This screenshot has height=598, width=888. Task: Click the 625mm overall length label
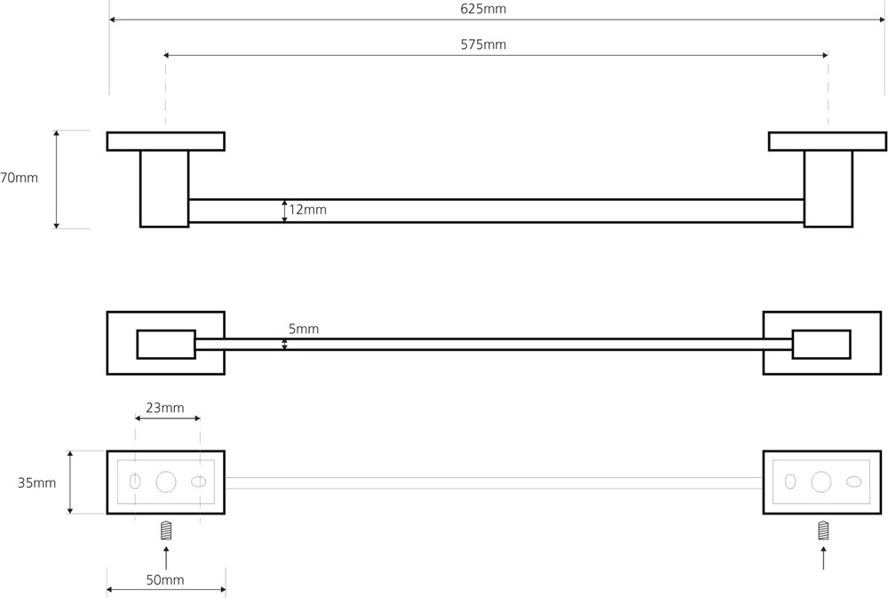click(483, 9)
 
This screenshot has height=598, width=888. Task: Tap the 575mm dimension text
click(483, 44)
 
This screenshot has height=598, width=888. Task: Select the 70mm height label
click(19, 178)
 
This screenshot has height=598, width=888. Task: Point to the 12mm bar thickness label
click(307, 210)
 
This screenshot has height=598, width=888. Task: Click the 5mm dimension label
click(304, 329)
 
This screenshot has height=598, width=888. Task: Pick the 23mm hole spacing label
click(165, 408)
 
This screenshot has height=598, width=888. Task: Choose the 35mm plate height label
click(36, 483)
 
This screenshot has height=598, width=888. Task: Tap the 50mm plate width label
click(165, 580)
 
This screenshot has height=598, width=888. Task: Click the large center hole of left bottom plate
click(166, 482)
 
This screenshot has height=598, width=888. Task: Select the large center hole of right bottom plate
click(821, 482)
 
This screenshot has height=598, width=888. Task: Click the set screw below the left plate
click(166, 531)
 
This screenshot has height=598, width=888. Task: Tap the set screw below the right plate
click(823, 531)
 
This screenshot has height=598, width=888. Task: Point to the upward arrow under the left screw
click(166, 557)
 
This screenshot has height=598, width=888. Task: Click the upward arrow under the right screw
click(823, 557)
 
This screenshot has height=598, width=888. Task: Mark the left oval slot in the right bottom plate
click(790, 482)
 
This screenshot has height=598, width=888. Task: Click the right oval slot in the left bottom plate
click(199, 482)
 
